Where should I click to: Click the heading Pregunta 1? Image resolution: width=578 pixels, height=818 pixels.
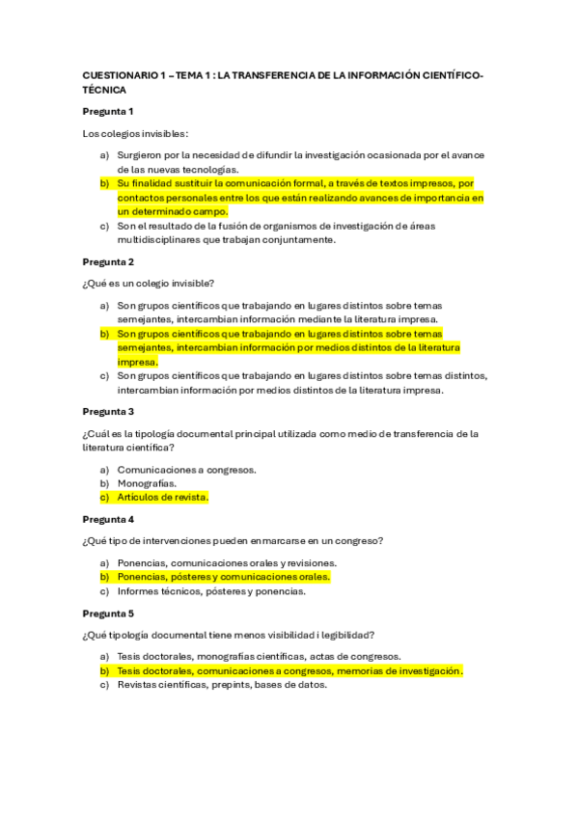pos(108,111)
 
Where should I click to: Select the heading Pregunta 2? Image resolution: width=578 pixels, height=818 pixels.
pos(108,261)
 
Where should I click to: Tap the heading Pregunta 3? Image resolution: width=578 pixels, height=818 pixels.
pos(108,411)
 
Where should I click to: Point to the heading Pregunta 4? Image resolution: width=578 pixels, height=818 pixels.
pos(108,518)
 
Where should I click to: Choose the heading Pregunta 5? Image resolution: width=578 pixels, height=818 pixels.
pos(108,613)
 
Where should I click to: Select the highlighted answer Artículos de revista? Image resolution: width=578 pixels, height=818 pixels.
pos(163,497)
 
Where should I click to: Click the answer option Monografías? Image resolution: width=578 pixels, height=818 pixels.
pos(147,482)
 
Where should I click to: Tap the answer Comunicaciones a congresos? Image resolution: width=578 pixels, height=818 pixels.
pos(186,469)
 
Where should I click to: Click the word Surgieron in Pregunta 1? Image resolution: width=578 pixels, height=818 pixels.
pos(141,154)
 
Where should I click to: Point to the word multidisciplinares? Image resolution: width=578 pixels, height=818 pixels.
pos(157,240)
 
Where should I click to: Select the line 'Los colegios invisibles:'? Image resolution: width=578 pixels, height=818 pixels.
pos(135,133)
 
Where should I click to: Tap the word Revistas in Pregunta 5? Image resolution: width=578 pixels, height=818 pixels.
pos(140,685)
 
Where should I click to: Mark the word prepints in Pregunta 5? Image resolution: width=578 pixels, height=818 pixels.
pos(251,685)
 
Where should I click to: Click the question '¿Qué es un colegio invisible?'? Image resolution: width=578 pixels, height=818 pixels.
pos(149,283)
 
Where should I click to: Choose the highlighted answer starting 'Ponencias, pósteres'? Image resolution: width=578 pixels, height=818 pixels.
pos(223,577)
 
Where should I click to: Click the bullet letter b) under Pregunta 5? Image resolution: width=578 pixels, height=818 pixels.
pos(104,670)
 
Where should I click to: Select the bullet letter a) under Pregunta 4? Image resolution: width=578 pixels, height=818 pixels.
pos(104,562)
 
